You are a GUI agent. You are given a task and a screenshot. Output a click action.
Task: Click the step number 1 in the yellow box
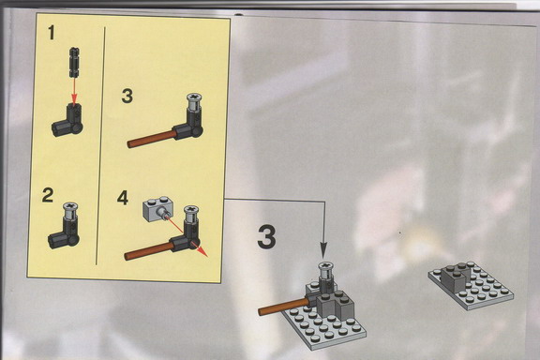pos(52,33)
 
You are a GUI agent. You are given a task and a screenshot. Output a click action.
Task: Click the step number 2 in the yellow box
pos(48,195)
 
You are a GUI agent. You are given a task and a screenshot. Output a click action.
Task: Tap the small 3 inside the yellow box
pos(127,97)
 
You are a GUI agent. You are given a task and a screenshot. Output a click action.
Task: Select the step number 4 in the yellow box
pos(123,198)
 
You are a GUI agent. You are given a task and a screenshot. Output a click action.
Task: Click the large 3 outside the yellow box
pos(266,236)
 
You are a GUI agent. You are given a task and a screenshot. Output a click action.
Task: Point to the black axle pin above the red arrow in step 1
pos(74,62)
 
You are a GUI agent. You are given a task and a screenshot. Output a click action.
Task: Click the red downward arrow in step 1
pos(74,90)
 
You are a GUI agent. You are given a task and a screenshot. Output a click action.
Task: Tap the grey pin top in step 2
pos(70,211)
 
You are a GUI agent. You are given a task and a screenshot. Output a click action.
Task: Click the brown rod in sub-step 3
pos(151,139)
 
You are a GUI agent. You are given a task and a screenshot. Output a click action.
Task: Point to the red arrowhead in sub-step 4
pos(203,252)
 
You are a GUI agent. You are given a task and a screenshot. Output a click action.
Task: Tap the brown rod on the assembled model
pos(283,307)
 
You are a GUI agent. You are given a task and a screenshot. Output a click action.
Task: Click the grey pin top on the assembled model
pos(325,270)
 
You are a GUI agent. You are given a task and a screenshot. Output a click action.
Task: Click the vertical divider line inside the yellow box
pos(100,145)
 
